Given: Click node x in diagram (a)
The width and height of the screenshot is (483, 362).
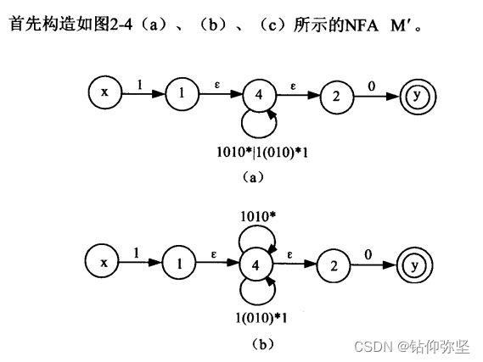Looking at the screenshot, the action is point(105,92).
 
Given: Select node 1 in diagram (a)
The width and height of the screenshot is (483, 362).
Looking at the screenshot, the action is point(182,93).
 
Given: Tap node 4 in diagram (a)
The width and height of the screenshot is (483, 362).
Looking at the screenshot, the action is point(260,95).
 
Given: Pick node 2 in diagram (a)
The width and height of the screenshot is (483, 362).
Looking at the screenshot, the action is point(337,97).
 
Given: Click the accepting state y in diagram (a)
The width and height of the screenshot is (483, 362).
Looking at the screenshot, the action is point(418,97).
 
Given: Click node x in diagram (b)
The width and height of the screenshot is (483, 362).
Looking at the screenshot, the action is point(102,262).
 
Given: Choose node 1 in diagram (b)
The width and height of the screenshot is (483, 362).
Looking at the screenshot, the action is point(179,264).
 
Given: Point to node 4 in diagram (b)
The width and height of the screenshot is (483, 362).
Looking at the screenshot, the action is point(256,265).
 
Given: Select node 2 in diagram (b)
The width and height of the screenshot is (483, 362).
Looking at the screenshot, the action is point(334,266).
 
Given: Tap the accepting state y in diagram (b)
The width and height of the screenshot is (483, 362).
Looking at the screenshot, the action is point(414,265).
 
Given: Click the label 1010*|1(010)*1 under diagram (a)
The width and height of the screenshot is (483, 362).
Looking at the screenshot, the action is point(262,153).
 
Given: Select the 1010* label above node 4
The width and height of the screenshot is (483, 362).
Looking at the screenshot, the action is point(258,216).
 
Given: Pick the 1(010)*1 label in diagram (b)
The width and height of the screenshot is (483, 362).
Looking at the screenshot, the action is point(261,318).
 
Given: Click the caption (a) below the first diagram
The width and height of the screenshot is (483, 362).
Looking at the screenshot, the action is point(253,177).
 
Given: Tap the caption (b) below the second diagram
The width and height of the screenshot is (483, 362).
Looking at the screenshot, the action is point(262,344).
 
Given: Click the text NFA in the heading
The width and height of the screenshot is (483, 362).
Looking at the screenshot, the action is point(361,25).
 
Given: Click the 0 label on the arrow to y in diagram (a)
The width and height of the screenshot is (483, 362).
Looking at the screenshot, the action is point(372,86).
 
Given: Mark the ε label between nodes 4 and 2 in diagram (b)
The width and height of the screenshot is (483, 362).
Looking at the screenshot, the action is point(289,255).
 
